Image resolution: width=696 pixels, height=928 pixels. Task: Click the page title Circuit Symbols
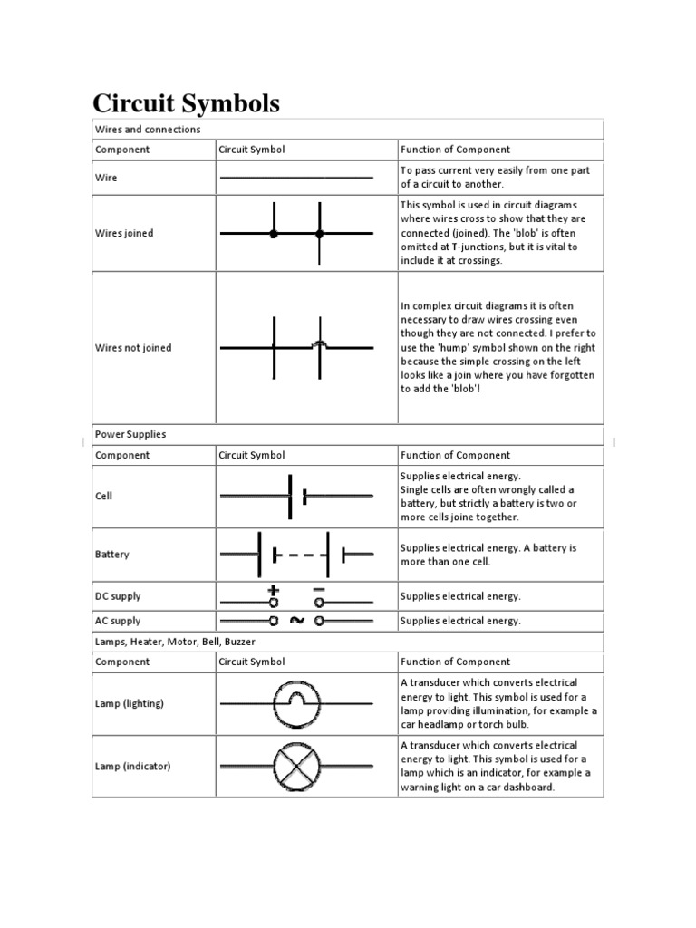(x=188, y=102)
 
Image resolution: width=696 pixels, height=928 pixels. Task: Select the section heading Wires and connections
(x=148, y=130)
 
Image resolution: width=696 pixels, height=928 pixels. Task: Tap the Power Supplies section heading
(x=130, y=434)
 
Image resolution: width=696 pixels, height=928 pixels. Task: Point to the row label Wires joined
(x=124, y=233)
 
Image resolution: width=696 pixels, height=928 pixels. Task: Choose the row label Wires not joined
(x=133, y=348)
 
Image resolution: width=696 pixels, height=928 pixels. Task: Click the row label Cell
(x=104, y=497)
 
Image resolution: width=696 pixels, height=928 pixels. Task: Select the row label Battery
(x=112, y=554)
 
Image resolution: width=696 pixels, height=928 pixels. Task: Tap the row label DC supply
(x=118, y=596)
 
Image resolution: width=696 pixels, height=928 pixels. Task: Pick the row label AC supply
(x=118, y=621)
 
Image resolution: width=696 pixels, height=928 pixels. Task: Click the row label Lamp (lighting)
(x=130, y=703)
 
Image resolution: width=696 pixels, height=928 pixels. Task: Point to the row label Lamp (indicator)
(x=133, y=766)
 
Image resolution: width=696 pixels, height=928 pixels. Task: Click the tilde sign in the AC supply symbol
(x=296, y=621)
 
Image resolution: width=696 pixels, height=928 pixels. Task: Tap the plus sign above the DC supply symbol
(x=272, y=589)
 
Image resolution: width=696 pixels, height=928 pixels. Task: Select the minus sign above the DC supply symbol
(x=319, y=589)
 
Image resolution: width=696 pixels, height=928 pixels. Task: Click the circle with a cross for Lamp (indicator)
(x=296, y=767)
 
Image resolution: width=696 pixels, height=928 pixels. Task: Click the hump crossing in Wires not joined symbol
(x=319, y=344)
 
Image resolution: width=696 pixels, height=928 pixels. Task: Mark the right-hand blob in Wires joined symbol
(x=319, y=234)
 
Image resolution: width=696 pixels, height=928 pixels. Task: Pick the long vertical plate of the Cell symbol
(x=290, y=496)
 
